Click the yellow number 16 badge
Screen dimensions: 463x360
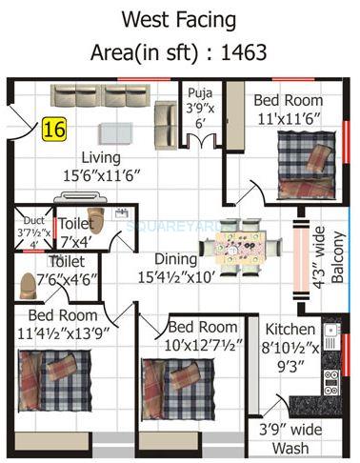(x=53, y=130)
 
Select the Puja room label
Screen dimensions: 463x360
(x=195, y=92)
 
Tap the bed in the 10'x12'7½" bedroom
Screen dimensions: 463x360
(x=171, y=380)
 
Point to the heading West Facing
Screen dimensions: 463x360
(x=179, y=18)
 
